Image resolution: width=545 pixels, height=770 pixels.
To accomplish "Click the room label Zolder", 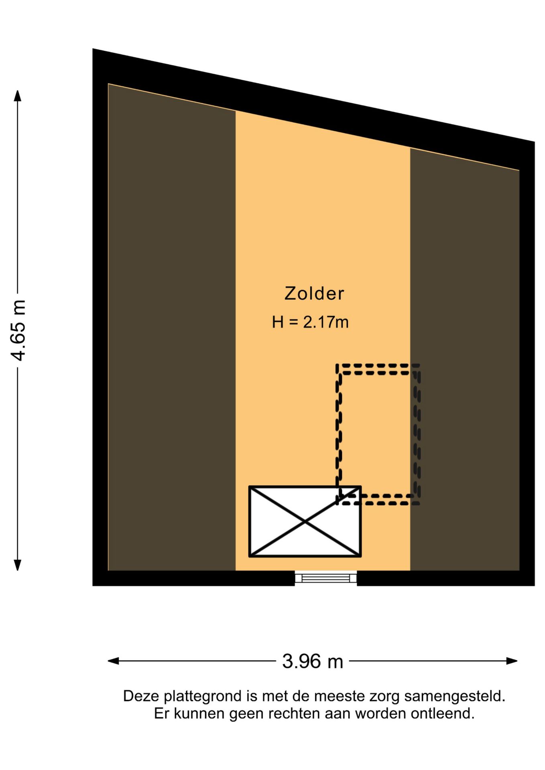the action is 314,294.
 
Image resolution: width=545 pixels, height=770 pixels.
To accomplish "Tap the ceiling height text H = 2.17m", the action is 310,322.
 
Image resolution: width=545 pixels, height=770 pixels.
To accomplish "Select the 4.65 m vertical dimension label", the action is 18,330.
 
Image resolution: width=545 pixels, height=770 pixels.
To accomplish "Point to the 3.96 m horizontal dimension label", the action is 313,661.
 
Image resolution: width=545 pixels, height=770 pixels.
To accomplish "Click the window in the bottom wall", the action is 326,578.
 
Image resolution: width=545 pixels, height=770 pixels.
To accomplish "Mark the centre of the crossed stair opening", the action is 305,521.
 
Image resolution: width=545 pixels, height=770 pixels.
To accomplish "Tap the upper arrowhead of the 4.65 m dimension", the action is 17,96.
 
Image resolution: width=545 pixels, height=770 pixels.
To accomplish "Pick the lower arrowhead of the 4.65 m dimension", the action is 17,565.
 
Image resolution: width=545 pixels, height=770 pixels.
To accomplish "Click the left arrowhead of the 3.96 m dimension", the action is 114,661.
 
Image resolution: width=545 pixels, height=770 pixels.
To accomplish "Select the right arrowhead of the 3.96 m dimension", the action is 512,661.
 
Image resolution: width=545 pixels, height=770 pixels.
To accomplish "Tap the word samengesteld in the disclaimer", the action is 454,697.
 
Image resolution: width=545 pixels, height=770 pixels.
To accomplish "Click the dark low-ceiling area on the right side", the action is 465,361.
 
